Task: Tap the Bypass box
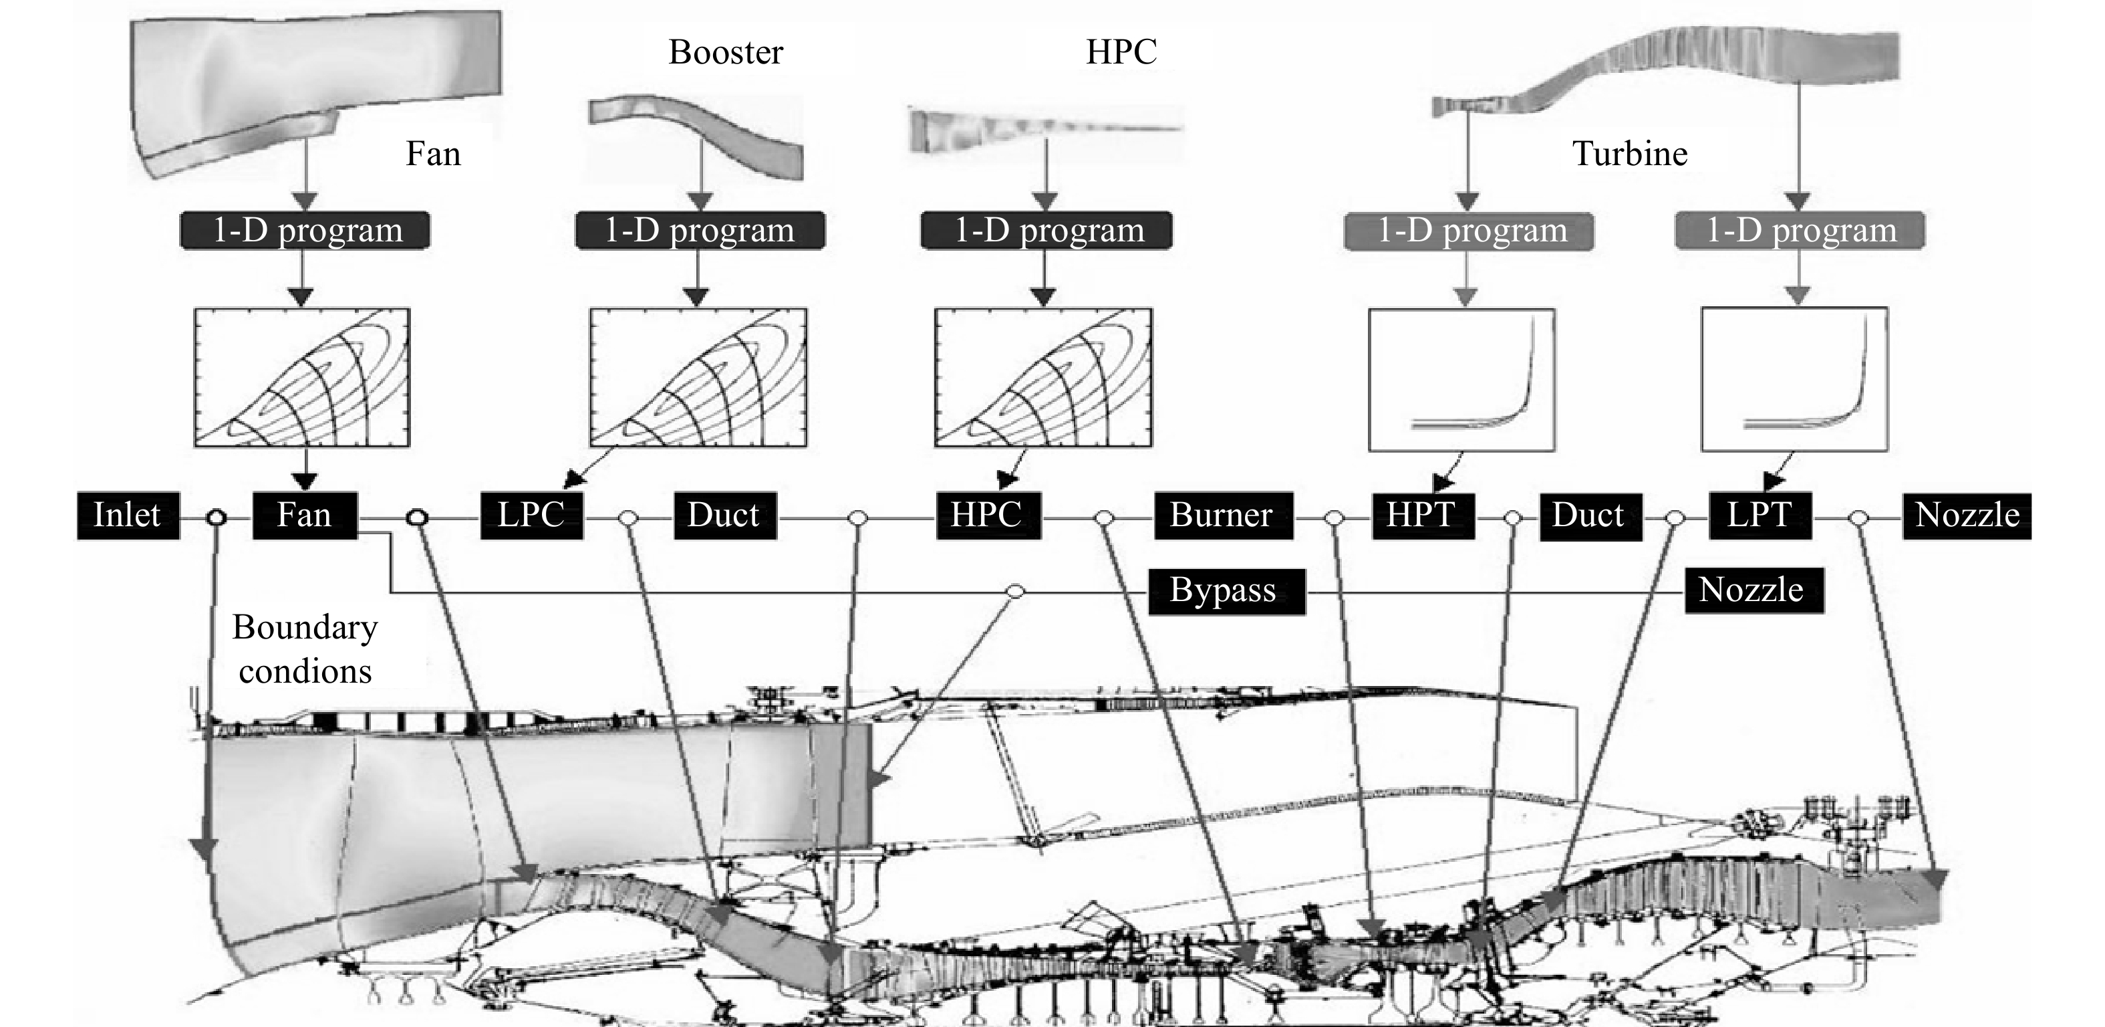(1226, 591)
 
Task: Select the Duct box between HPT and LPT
(1590, 517)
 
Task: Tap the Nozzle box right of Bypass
(1753, 590)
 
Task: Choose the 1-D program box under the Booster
(700, 231)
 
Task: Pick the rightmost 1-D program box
(1800, 231)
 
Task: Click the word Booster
(726, 52)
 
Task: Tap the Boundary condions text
(305, 649)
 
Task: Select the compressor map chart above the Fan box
(301, 378)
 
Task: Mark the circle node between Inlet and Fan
(216, 518)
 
